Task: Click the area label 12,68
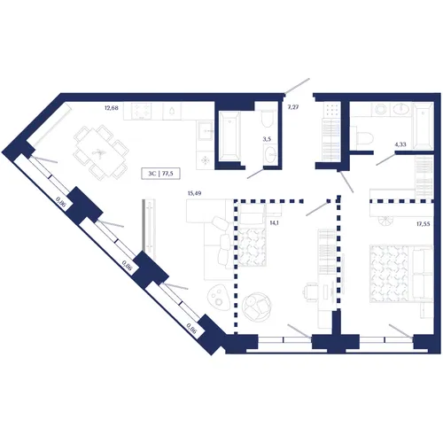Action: point(112,108)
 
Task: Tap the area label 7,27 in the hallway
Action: point(293,107)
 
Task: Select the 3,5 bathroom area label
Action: point(267,139)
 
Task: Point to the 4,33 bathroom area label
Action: point(400,144)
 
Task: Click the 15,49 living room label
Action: point(194,193)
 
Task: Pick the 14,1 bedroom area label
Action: point(274,223)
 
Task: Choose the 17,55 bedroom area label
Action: point(424,224)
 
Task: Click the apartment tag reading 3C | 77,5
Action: point(160,174)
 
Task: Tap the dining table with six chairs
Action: point(101,152)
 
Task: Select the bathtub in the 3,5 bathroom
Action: point(229,136)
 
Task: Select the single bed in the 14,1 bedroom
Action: point(251,235)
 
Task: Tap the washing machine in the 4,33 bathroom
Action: point(380,109)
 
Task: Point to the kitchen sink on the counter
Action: point(205,130)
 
